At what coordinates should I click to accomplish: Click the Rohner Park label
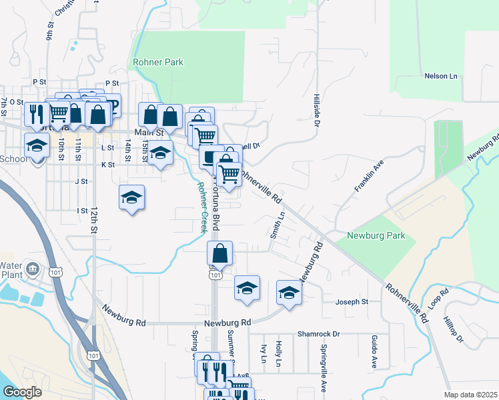coord(159,63)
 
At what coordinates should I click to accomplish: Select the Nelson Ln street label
coord(443,77)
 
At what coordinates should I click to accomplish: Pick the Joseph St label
coord(352,302)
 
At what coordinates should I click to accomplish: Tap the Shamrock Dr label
coord(319,334)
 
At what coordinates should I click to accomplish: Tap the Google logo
coord(22,392)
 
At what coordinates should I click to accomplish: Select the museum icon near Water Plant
coord(35,269)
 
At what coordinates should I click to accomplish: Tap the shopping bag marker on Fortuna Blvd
coord(219,254)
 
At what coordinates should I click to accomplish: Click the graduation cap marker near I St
coord(132,197)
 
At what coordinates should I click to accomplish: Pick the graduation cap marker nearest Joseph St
coord(289,293)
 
